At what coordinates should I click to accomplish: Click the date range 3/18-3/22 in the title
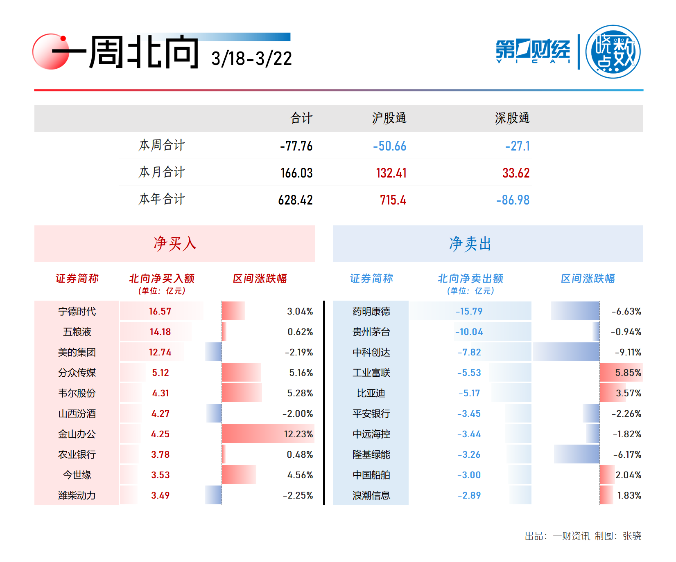tap(251, 59)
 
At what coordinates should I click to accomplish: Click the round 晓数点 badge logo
tap(613, 52)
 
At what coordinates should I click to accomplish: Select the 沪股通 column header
tap(389, 118)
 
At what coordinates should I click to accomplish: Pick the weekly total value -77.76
tap(296, 146)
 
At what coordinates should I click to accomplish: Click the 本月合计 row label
tap(162, 172)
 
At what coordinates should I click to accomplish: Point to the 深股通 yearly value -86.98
tap(513, 200)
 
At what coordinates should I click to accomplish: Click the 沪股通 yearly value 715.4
tap(393, 200)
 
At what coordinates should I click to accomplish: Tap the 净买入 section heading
tap(175, 244)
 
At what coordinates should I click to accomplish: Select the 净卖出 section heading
tap(470, 244)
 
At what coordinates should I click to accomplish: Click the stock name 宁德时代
tap(77, 311)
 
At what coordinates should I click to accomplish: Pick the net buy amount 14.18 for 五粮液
tap(160, 332)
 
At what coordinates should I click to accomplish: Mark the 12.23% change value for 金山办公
tap(298, 434)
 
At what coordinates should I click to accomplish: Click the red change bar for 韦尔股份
tap(242, 393)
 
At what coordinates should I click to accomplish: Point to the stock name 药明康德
tap(371, 311)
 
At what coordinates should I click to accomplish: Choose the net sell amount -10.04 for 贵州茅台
tap(469, 332)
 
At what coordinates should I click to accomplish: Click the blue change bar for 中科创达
tap(566, 352)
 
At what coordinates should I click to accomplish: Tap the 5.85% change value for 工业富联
tap(628, 373)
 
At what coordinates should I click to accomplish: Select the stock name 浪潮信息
tap(371, 495)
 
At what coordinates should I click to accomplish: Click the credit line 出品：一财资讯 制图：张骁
tap(583, 536)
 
